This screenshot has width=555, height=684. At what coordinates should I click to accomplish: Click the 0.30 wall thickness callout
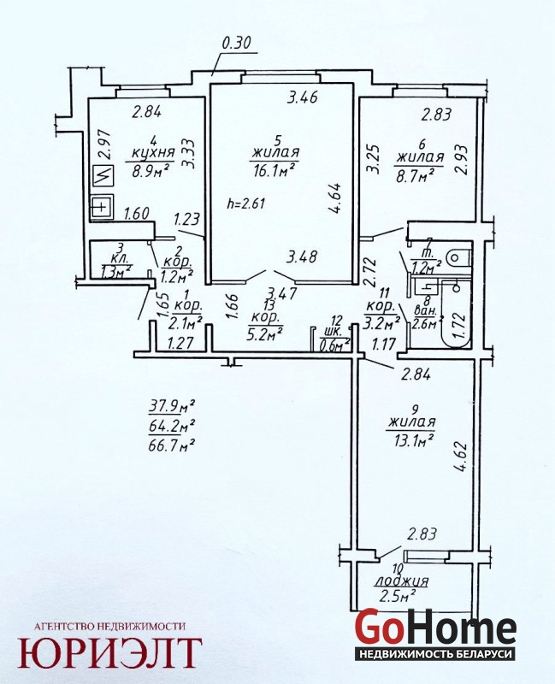coord(237,44)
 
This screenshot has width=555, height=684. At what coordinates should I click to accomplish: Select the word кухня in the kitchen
coord(153,153)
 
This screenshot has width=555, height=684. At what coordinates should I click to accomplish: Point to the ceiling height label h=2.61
coord(246,203)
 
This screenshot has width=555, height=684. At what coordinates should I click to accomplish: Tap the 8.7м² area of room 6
coord(415,175)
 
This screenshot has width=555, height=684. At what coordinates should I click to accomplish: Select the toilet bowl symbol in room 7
coord(458,256)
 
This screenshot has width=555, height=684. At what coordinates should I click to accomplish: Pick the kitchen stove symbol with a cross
coord(102,207)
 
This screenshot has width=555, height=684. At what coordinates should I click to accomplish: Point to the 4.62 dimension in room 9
coord(461,457)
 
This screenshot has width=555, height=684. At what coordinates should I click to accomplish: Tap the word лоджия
coord(402,581)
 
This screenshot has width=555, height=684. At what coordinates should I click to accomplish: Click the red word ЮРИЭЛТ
coord(110,652)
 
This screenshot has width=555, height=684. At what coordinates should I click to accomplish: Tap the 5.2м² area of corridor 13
coord(265,334)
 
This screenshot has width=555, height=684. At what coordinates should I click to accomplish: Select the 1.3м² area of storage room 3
coord(116,272)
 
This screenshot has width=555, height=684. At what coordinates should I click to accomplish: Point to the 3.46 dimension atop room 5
coord(302,97)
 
